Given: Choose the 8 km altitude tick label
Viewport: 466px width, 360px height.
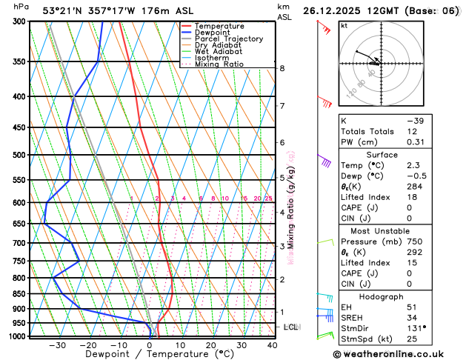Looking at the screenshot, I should coord(282,68).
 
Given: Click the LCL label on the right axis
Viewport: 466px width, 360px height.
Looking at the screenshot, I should coord(291,327).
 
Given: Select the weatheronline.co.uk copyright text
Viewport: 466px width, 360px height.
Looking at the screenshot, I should coord(396,353).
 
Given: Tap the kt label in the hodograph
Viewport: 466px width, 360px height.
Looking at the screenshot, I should coord(344,25).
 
